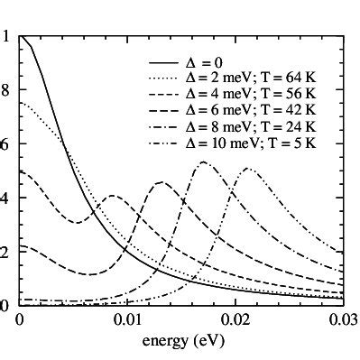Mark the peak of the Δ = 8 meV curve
click(204, 162)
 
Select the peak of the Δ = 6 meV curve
click(161, 182)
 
